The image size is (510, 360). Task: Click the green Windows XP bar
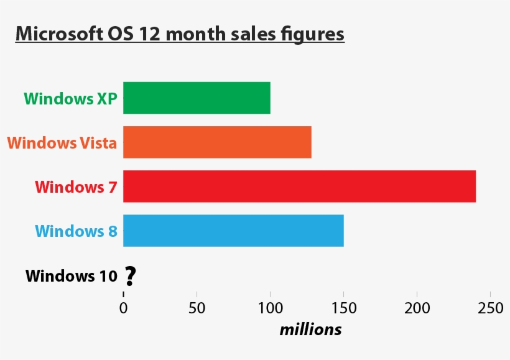[x=197, y=98]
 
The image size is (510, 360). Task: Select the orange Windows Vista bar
[x=217, y=142]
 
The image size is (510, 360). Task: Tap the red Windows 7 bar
[x=299, y=186]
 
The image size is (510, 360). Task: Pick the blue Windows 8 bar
[x=233, y=231]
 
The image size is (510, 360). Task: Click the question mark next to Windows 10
[x=129, y=276]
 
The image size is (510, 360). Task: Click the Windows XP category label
[x=70, y=98]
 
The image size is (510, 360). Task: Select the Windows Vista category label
[x=62, y=143]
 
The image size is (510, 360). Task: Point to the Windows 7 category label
[x=76, y=187]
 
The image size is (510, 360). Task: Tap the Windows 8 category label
[x=76, y=231]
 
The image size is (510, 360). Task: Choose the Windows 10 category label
[x=71, y=275]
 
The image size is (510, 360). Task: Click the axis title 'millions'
[x=310, y=330]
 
